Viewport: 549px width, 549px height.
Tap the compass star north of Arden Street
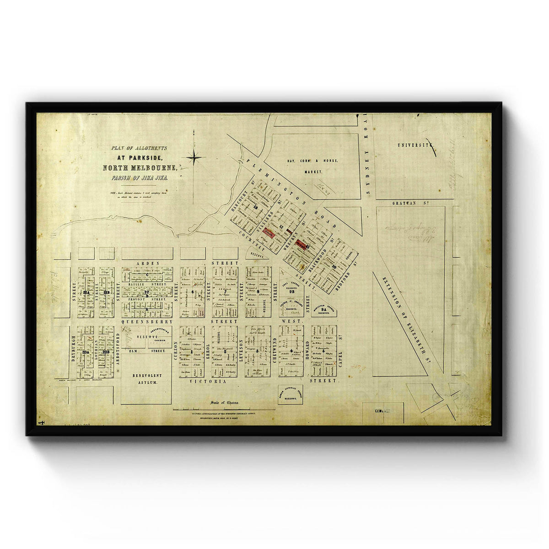point(195,158)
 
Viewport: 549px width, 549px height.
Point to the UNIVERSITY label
point(415,145)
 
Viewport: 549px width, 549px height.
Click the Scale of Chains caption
point(224,403)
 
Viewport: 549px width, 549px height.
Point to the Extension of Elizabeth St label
point(410,321)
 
